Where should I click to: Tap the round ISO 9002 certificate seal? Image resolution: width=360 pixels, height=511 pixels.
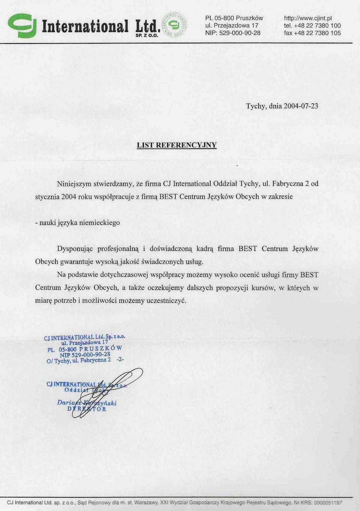coord(174,25)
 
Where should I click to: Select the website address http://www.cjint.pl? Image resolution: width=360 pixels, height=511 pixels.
coord(307,18)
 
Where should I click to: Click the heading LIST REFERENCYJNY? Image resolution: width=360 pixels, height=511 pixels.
coord(177,145)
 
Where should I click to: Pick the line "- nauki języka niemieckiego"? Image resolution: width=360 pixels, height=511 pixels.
coord(77,223)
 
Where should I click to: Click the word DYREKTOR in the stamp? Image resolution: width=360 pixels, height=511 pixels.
coord(87,409)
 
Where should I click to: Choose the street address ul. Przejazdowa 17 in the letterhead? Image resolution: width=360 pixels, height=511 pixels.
coord(232,26)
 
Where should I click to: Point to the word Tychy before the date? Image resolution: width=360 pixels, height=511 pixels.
coord(255,106)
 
